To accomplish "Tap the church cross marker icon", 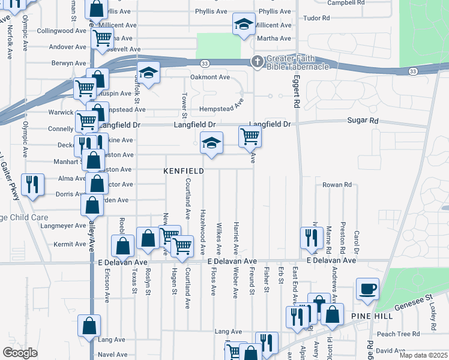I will tap(257, 61).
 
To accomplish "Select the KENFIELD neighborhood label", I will tap(184, 171).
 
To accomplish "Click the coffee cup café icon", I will tap(367, 289).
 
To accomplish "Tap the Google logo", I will tap(20, 353).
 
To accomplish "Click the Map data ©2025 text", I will tap(423, 355).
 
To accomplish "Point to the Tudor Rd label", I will tap(317, 18).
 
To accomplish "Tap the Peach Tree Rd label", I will tap(394, 334).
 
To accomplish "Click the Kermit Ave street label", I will tap(70, 244).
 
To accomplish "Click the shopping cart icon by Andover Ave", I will tap(102, 38).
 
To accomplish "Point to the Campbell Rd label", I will tap(346, 2).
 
